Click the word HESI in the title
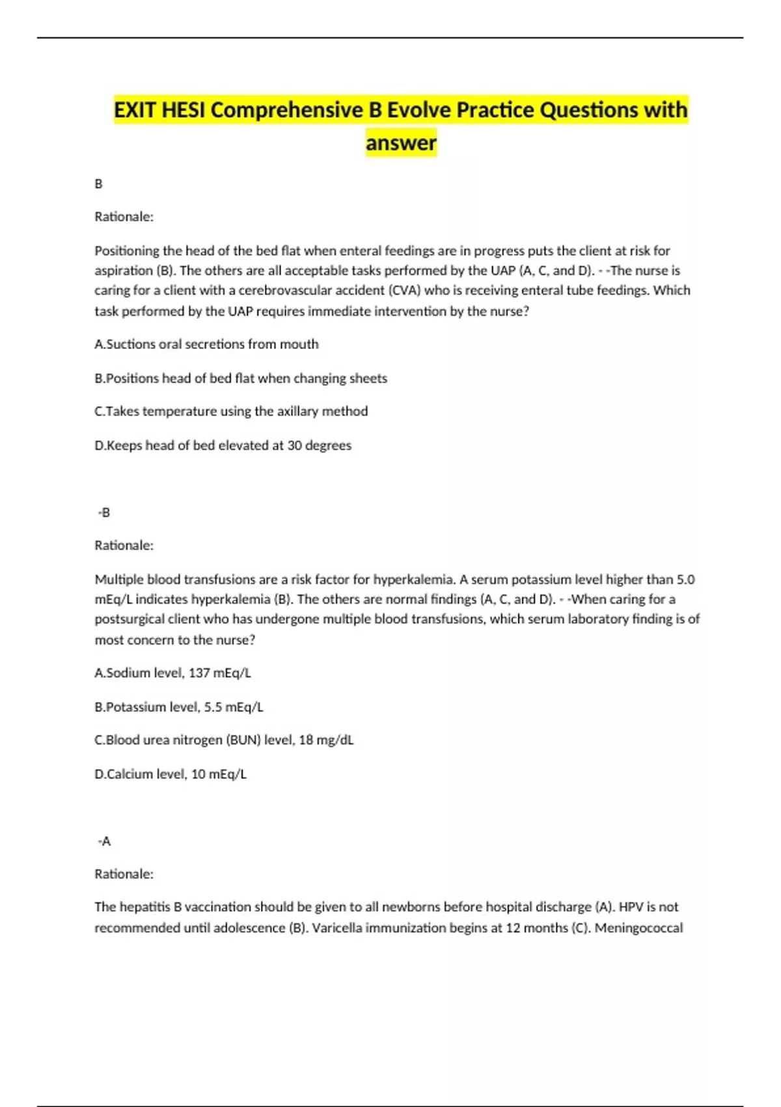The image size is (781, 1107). point(184,109)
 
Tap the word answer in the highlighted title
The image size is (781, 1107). point(401,142)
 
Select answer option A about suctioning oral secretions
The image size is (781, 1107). point(206,344)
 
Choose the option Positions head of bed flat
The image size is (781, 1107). point(241,378)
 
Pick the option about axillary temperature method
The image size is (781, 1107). point(231,412)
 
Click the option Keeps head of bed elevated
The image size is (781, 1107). point(223,445)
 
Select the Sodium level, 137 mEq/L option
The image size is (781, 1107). point(172,673)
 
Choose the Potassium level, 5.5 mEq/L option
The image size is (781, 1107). point(179,707)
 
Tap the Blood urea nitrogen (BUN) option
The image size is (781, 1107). point(224,740)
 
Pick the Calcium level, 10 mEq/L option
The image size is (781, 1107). point(171,774)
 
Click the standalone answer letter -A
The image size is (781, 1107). point(104,841)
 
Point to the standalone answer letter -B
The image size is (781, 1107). point(104,512)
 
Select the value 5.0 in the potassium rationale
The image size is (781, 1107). point(685,579)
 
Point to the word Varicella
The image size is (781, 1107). point(337,927)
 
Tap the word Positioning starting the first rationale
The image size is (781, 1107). point(127,251)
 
